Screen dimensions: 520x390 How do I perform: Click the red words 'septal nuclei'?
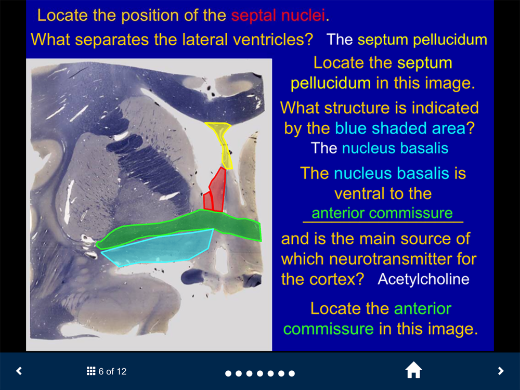[x=278, y=15]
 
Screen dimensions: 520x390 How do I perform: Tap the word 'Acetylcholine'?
[x=423, y=279]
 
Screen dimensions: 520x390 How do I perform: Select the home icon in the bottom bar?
[x=413, y=370]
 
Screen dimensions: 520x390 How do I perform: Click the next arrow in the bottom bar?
[x=501, y=371]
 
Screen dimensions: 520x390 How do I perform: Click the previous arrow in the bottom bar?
[x=19, y=371]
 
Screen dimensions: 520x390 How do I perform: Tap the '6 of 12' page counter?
[x=112, y=371]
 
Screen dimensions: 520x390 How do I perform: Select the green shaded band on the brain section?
[x=179, y=229]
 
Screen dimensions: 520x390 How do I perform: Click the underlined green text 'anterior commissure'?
[x=382, y=213]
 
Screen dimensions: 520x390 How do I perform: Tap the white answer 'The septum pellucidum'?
[x=407, y=40]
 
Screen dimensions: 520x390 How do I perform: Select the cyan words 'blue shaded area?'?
[x=405, y=128]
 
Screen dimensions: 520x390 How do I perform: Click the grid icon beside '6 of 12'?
[x=91, y=371]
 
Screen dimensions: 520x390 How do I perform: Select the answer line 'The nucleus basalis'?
[x=380, y=148]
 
